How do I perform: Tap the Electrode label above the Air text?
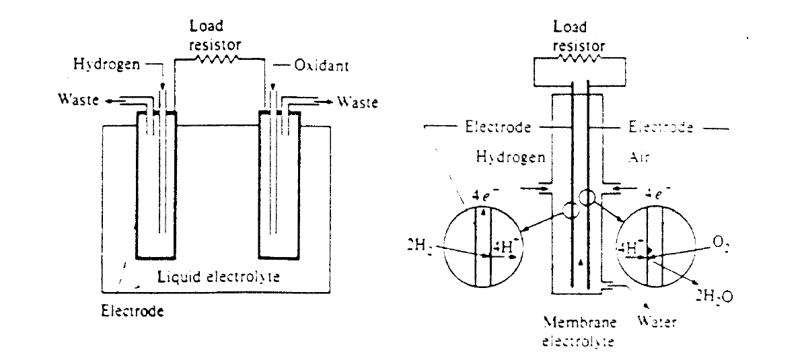[x=661, y=127]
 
